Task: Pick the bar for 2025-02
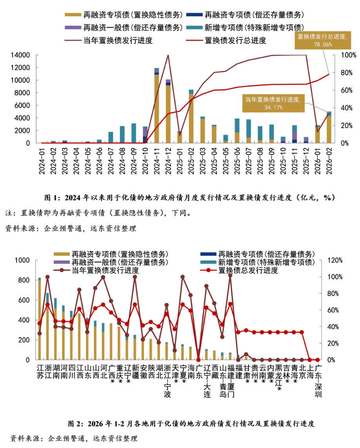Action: coord(191,118)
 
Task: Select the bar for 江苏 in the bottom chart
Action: coord(39,319)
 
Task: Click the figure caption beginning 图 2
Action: coord(191,424)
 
